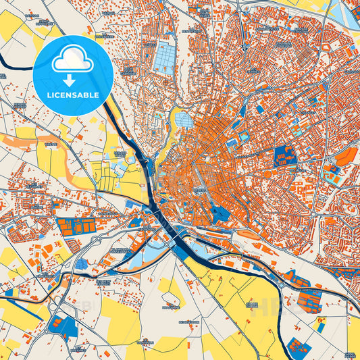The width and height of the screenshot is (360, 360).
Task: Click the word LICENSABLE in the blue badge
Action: click(x=72, y=94)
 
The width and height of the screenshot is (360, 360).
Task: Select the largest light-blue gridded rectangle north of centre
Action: click(x=163, y=57)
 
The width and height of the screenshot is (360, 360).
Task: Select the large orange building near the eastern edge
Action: click(x=346, y=157)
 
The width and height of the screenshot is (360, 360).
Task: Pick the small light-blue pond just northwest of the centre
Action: click(x=184, y=120)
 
